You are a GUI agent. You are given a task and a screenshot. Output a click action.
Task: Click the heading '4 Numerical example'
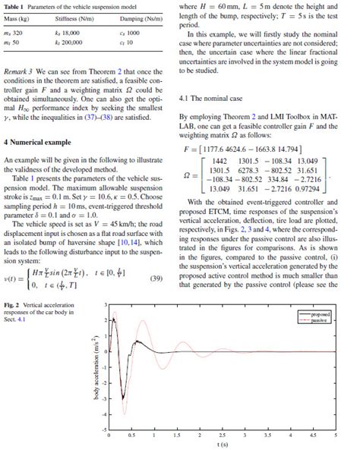tap(39, 142)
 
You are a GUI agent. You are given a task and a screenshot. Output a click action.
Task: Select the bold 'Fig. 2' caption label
tap(11, 305)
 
